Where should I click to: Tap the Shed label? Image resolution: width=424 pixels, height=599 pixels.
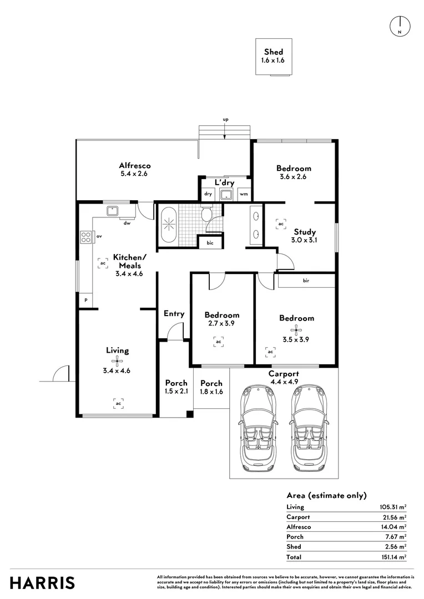(x=273, y=52)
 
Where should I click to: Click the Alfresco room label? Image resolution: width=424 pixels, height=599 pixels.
(x=135, y=165)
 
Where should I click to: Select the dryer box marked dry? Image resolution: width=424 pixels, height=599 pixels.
(x=208, y=194)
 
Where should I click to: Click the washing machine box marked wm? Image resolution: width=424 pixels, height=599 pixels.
(x=244, y=194)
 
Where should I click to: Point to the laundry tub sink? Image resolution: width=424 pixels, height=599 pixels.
(x=226, y=194)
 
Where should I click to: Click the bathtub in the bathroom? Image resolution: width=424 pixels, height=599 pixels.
(x=168, y=225)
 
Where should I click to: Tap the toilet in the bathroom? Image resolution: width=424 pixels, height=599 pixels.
(x=207, y=214)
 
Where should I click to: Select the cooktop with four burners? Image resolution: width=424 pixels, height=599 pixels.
(x=86, y=237)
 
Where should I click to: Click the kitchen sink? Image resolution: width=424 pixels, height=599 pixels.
(x=113, y=210)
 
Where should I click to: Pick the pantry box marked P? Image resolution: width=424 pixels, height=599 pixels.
(x=85, y=300)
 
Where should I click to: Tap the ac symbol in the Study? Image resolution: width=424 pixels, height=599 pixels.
(x=281, y=224)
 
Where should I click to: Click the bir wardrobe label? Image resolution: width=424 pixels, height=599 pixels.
(x=306, y=281)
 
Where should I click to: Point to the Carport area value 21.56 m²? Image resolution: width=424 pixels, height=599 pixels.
(x=392, y=517)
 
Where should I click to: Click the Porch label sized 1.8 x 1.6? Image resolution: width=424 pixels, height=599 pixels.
(x=211, y=387)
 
